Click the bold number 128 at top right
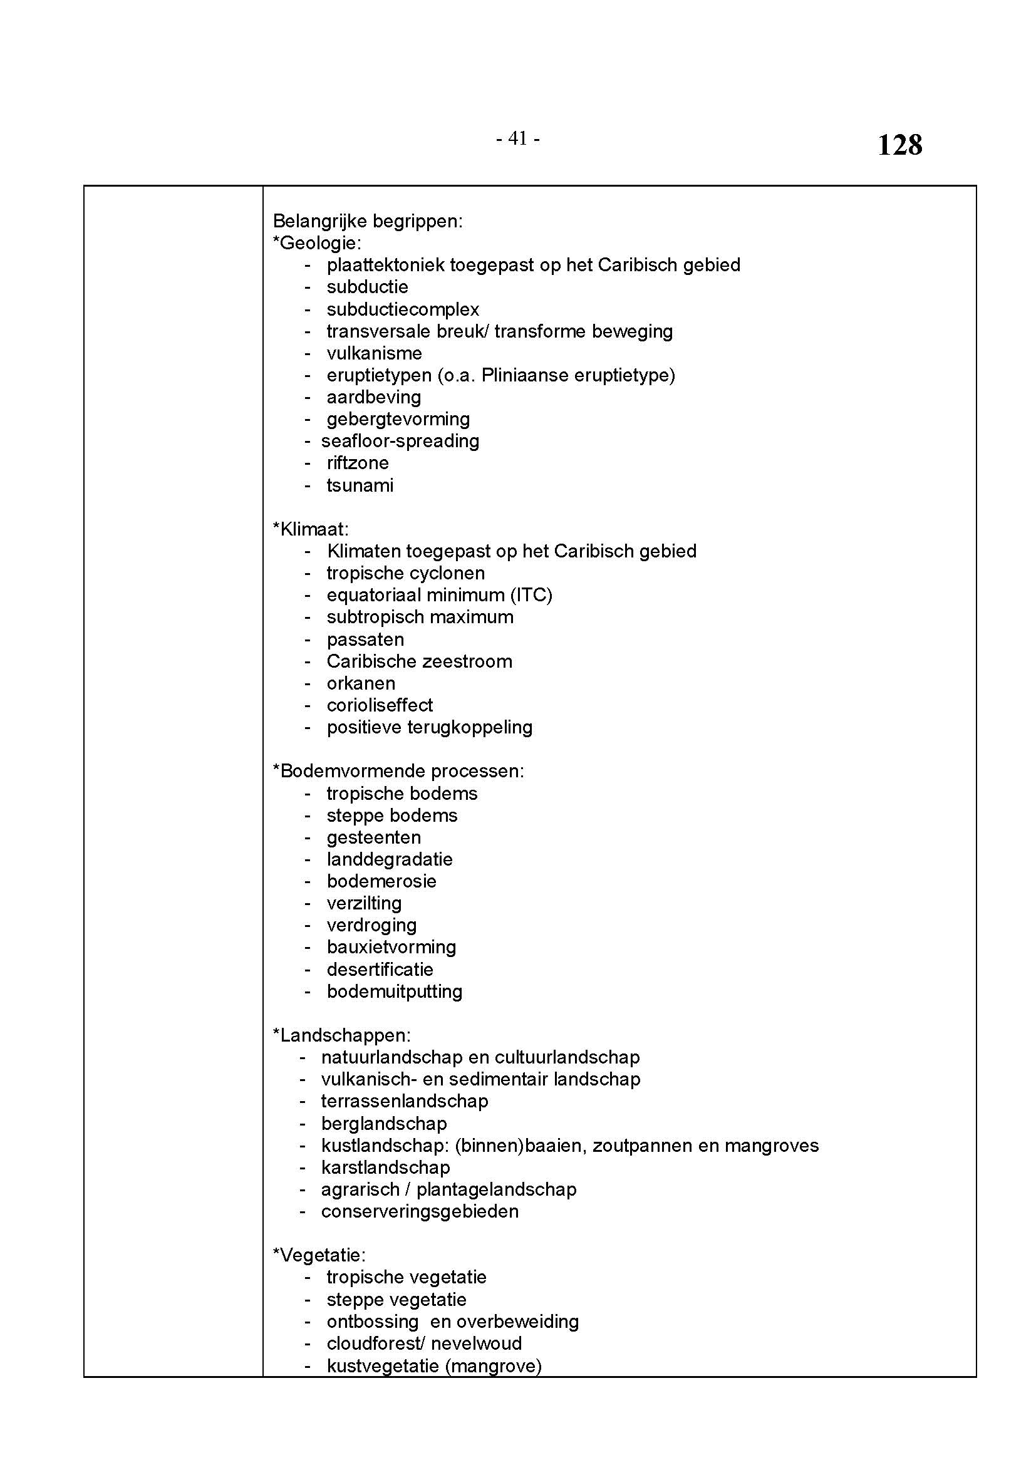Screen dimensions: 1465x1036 pos(899,145)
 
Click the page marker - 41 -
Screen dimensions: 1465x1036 pos(518,138)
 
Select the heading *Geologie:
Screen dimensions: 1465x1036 pos(317,243)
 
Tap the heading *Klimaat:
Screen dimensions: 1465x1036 pos(311,529)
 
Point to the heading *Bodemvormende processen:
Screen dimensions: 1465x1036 pos(398,771)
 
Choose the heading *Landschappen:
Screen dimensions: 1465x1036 pos(341,1035)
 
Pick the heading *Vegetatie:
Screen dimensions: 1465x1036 pos(319,1255)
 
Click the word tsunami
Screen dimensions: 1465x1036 pos(360,485)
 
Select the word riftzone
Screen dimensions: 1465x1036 pos(357,463)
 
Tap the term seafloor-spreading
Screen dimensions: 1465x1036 pos(400,441)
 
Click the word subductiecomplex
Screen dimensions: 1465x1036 pos(403,309)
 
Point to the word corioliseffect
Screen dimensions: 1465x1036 pos(380,705)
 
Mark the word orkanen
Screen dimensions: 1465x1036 pos(361,683)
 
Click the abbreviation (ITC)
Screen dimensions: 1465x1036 pos(531,595)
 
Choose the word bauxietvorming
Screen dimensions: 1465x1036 pos(391,947)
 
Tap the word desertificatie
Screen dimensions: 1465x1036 pos(380,969)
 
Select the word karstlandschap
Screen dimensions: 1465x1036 pos(385,1167)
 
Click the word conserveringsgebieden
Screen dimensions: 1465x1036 pos(420,1212)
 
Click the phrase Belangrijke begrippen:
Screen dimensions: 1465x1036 pos(368,221)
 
